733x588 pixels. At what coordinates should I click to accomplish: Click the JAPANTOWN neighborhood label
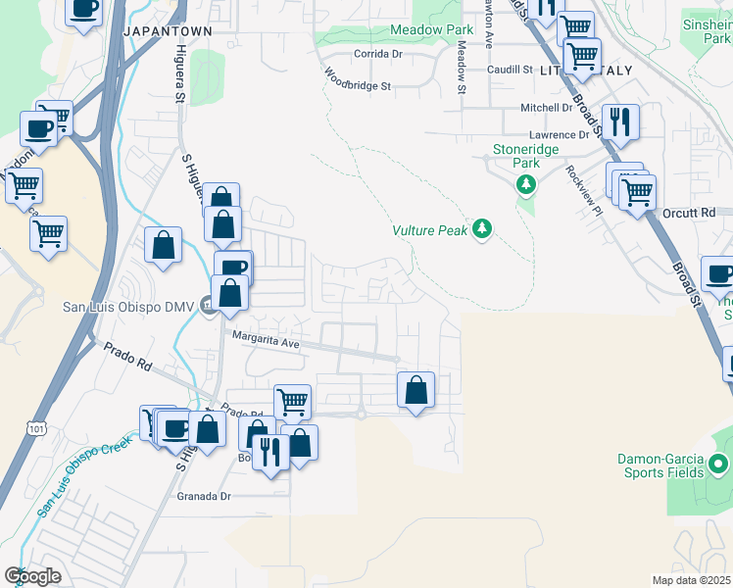(168, 31)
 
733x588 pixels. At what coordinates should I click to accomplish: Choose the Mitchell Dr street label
(546, 108)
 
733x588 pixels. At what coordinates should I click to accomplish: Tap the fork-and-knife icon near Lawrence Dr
(619, 122)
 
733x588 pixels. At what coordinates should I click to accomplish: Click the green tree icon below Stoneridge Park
(526, 184)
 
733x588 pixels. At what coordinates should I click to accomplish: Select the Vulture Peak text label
(430, 230)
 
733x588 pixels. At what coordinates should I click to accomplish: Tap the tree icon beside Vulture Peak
(481, 229)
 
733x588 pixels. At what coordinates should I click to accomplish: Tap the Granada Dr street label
(203, 496)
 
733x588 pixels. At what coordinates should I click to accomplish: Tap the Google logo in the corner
(31, 576)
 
